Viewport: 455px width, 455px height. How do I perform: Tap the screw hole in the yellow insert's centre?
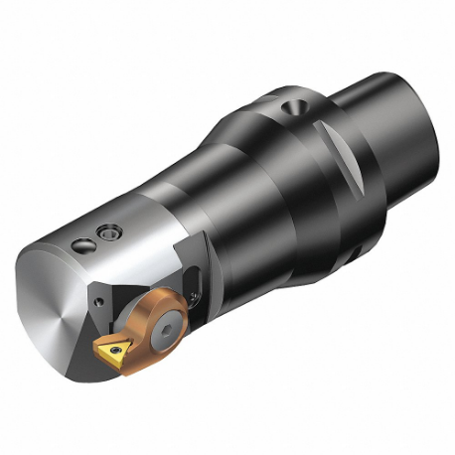[x=111, y=347]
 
